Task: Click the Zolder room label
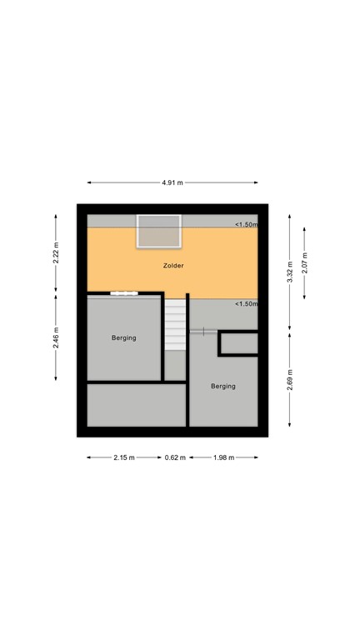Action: coord(173,266)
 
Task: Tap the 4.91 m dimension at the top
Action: coord(172,182)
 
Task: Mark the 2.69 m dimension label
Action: coord(290,380)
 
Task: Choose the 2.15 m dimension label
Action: coord(125,457)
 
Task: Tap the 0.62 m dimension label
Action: coord(175,457)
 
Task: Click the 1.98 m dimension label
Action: coord(223,457)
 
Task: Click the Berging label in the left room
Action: coord(124,337)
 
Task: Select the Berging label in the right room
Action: coord(223,386)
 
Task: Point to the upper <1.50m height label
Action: coord(246,225)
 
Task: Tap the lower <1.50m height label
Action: coord(246,303)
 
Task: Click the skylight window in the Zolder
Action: coord(158,231)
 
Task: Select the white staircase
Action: coord(175,325)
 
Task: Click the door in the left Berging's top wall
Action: coord(124,292)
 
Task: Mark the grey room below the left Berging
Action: coord(136,404)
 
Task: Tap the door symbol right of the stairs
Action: coord(198,332)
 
